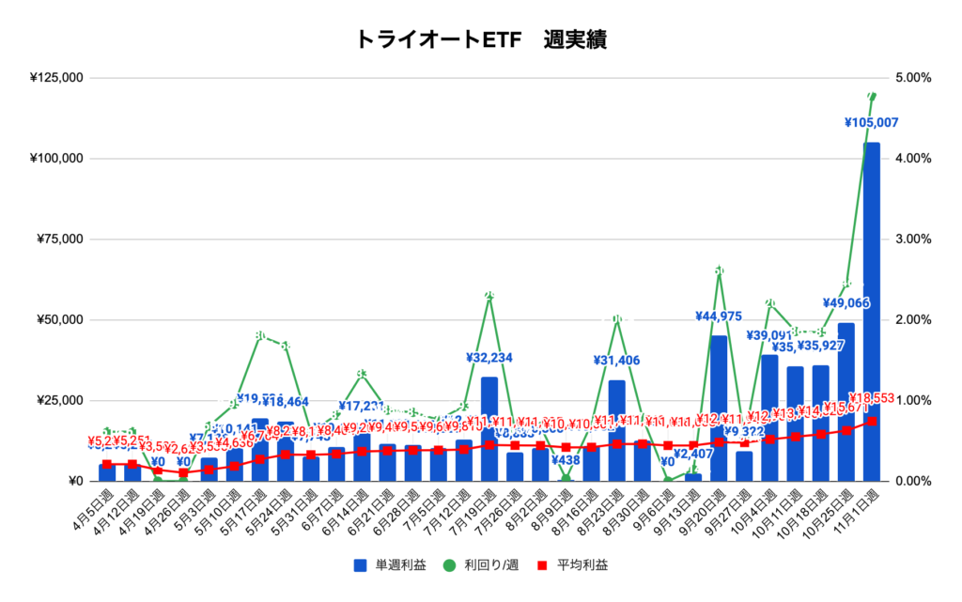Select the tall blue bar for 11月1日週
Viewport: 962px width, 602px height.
(872, 310)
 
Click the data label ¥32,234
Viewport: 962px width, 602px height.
(489, 358)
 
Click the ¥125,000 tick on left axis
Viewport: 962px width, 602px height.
(56, 78)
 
